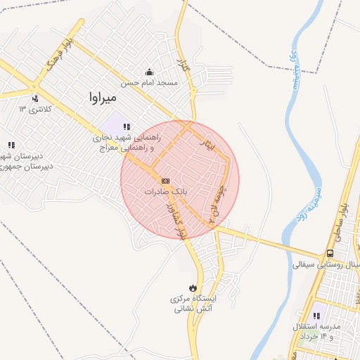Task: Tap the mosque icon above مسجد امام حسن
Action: click(x=149, y=72)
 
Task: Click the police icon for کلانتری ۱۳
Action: click(x=34, y=98)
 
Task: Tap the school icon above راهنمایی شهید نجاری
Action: click(x=127, y=127)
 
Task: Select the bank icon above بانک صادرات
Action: click(x=166, y=181)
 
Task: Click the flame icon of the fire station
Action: click(x=193, y=288)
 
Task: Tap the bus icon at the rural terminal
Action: click(x=330, y=254)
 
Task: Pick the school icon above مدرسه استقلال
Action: click(x=316, y=316)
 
